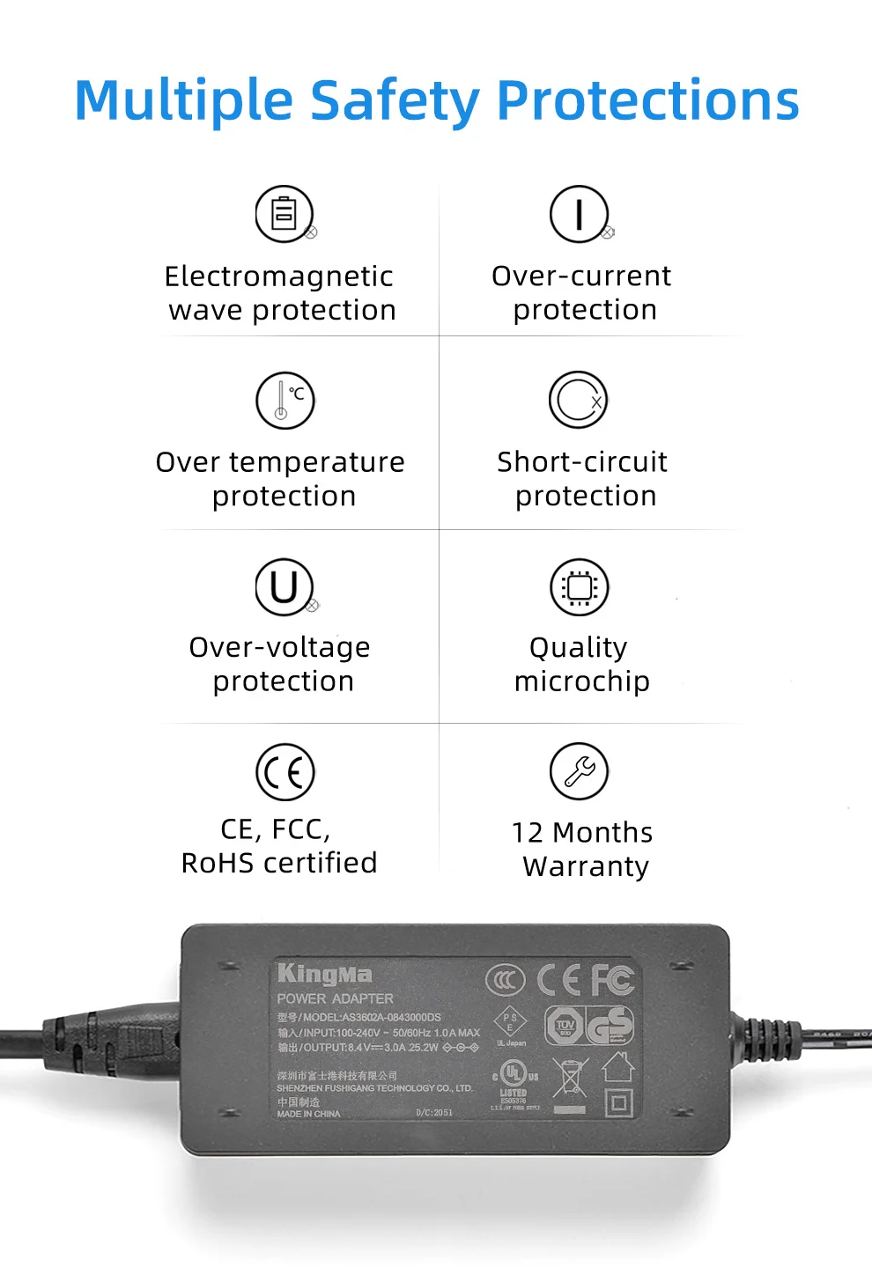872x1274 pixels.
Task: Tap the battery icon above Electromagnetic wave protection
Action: [x=284, y=214]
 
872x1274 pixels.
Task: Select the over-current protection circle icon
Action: [x=579, y=214]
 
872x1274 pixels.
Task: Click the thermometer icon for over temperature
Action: [x=285, y=400]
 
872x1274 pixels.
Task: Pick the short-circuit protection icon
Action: [x=579, y=400]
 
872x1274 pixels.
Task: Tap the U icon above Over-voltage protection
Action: [x=285, y=587]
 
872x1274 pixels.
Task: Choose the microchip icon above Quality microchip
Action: [x=579, y=587]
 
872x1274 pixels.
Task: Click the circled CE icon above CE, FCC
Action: [x=285, y=772]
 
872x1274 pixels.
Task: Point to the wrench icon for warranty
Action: [x=579, y=771]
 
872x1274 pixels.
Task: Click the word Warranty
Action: [x=586, y=866]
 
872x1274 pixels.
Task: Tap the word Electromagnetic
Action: [x=278, y=276]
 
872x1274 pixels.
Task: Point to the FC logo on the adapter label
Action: [x=612, y=978]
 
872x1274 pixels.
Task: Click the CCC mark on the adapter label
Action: [x=505, y=979]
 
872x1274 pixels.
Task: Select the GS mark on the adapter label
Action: [x=610, y=1026]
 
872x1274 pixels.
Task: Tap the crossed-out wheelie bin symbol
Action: [x=570, y=1078]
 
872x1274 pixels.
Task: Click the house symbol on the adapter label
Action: [x=618, y=1066]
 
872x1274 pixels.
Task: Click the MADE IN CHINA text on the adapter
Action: [x=308, y=1114]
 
